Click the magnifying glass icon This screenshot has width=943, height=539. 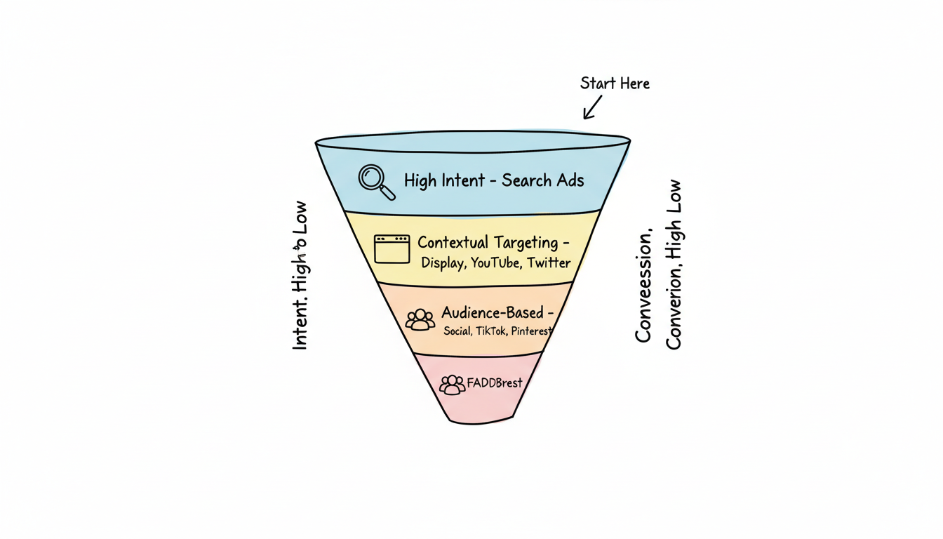click(x=375, y=181)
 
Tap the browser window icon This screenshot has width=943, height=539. click(x=392, y=249)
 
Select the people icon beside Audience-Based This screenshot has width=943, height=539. click(x=420, y=319)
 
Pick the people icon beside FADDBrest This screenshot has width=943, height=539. click(x=452, y=384)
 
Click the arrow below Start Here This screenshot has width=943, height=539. click(x=593, y=107)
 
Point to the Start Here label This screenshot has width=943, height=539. click(x=615, y=84)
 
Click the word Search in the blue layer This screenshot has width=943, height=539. click(x=527, y=180)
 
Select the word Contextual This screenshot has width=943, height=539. click(x=453, y=243)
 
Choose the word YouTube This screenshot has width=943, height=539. click(x=495, y=263)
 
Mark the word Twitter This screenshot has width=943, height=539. click(x=549, y=263)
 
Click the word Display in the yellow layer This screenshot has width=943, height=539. click(x=443, y=263)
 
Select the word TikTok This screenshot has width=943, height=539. click(x=491, y=331)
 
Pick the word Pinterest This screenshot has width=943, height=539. click(x=531, y=331)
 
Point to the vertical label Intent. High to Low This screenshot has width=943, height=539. click(x=300, y=276)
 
